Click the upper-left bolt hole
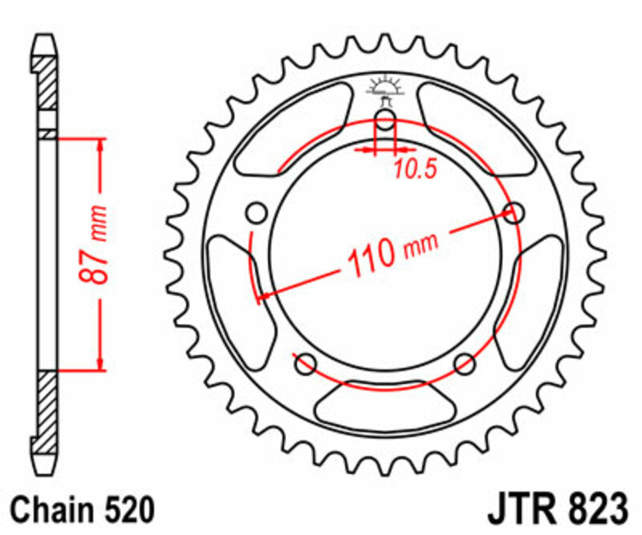(257, 214)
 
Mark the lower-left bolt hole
(305, 365)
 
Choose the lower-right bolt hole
(465, 365)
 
